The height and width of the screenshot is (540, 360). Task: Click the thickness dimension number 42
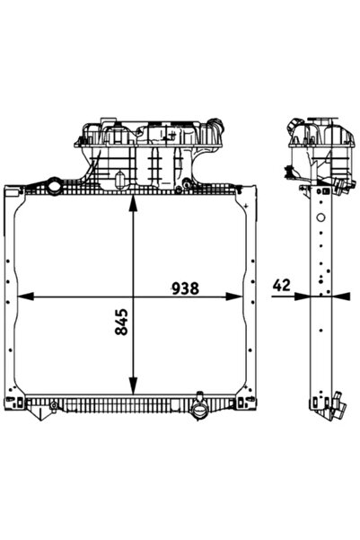[x=281, y=286]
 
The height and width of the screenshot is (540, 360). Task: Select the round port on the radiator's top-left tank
[x=55, y=188]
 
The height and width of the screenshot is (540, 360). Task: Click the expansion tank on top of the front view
[x=147, y=153]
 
